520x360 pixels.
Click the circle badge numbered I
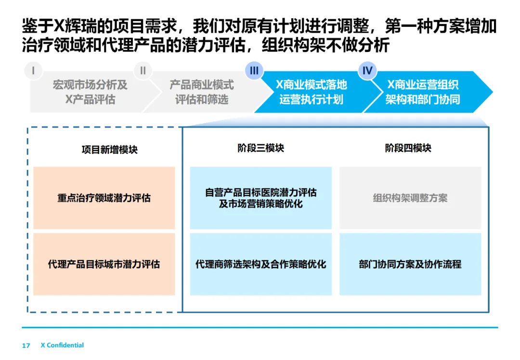click(x=33, y=71)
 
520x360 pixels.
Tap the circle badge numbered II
click(x=143, y=71)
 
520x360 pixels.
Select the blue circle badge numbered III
click(x=254, y=71)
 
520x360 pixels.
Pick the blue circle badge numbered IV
click(x=367, y=71)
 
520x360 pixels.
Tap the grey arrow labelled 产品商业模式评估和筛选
click(x=201, y=92)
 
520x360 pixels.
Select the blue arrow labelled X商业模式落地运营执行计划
click(x=311, y=92)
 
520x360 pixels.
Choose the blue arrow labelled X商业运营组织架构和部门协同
click(x=423, y=92)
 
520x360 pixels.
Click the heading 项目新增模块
click(x=109, y=150)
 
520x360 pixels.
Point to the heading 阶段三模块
click(x=260, y=148)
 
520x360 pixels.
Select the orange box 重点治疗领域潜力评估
click(x=104, y=198)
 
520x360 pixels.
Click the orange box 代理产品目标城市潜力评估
click(x=104, y=264)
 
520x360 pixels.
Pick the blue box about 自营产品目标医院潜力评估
click(x=260, y=198)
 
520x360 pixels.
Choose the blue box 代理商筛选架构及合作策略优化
click(x=260, y=264)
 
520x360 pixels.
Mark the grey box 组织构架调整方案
click(x=410, y=198)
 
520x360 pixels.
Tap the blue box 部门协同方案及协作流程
click(x=410, y=264)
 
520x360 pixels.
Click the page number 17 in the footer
click(x=26, y=346)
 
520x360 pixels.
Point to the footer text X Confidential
click(x=62, y=345)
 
